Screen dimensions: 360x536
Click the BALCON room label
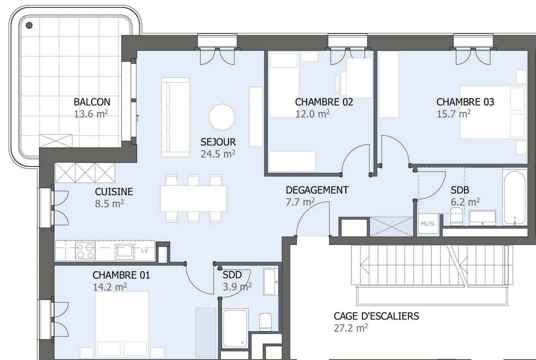click(x=92, y=102)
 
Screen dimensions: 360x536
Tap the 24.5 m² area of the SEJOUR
click(x=218, y=154)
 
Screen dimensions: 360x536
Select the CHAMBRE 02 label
click(x=324, y=102)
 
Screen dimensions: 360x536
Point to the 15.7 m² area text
click(x=453, y=114)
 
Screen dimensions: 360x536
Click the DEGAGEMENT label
click(x=317, y=190)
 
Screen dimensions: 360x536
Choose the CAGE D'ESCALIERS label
click(x=376, y=316)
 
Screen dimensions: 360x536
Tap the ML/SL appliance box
click(x=428, y=223)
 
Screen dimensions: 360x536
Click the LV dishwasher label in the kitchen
click(x=144, y=251)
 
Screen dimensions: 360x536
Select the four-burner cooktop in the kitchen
click(x=85, y=251)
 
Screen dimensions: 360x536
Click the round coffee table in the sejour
click(x=222, y=117)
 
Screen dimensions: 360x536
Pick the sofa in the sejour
click(x=175, y=117)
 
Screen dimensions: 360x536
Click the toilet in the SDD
click(x=265, y=321)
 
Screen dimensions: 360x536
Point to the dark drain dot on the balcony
click(x=29, y=26)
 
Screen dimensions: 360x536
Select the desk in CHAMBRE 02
click(x=359, y=78)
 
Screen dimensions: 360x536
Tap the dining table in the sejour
click(x=193, y=198)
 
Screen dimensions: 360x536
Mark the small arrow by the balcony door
click(x=138, y=118)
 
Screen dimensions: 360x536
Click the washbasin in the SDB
click(x=482, y=217)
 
